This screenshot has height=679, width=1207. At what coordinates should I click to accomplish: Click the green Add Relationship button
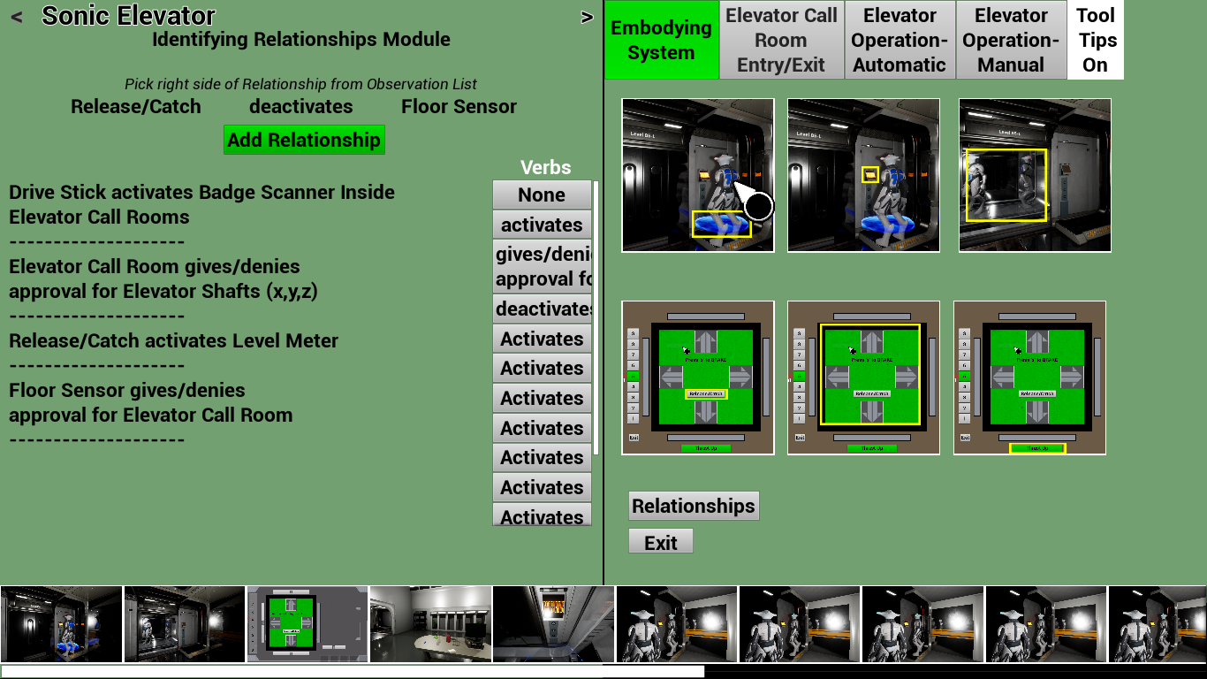point(304,140)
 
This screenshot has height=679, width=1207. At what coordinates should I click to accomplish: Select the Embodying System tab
point(661,40)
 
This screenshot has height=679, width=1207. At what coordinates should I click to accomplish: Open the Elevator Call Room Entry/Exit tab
point(781,40)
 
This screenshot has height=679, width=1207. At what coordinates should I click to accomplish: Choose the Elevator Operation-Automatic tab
point(900,40)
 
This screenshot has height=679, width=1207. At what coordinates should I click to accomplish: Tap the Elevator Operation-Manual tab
point(1011,40)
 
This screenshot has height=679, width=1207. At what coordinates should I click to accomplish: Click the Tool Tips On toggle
point(1095,40)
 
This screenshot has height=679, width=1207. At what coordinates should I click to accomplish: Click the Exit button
point(660,542)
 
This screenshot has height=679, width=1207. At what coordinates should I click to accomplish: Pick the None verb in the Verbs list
point(542,195)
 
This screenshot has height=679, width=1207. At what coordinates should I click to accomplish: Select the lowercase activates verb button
point(542,225)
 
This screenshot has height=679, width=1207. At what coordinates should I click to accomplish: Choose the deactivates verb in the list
point(542,309)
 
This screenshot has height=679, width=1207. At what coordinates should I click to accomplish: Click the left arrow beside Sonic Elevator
point(17,17)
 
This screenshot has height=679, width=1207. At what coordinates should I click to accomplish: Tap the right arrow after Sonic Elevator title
point(587,17)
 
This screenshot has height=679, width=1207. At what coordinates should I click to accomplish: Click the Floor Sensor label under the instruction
point(459,107)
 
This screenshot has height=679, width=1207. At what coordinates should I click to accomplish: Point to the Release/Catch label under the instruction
point(136,107)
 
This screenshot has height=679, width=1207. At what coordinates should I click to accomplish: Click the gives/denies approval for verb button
point(542,266)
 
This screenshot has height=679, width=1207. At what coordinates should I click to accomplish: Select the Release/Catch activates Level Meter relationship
point(173,340)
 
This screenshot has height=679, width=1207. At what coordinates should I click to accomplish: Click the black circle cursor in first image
point(759,206)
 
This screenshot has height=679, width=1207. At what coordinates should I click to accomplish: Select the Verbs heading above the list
point(545,167)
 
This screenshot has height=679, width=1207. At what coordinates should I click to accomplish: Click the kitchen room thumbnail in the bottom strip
point(430,623)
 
